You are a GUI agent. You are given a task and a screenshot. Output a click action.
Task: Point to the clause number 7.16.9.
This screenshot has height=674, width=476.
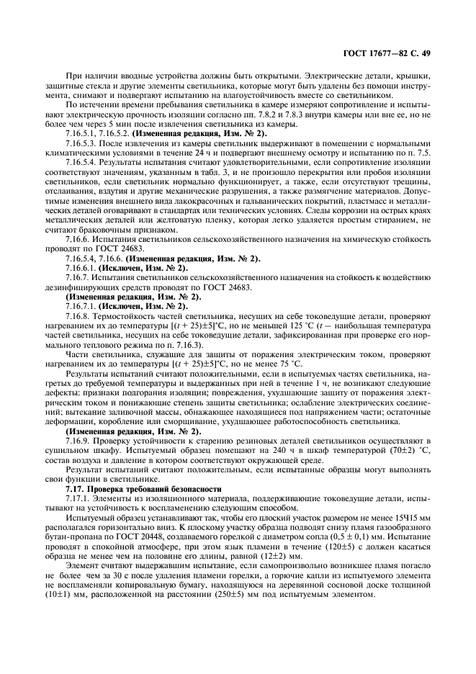pos(78,439)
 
